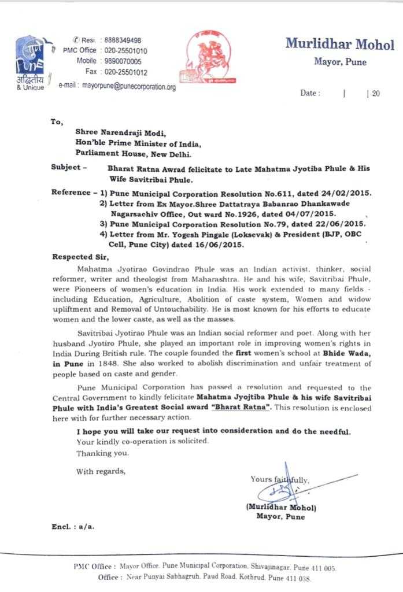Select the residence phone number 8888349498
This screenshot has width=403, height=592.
123,40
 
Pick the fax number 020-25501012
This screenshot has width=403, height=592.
125,72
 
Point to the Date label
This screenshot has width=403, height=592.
310,93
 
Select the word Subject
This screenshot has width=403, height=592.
66,168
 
